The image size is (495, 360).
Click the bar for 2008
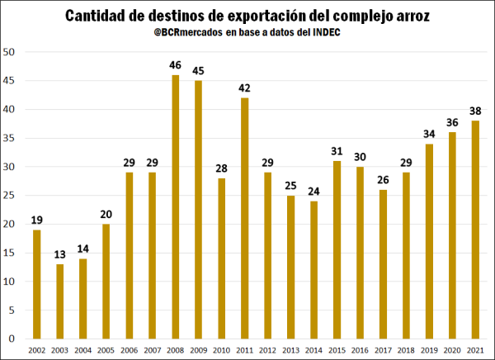coord(176,206)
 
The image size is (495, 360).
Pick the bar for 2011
coord(245,218)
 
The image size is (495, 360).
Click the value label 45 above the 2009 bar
coord(199,70)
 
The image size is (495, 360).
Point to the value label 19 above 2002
coord(37,220)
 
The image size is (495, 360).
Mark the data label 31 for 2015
coord(337,151)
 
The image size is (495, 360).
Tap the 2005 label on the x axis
coord(106,350)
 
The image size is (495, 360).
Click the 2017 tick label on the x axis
coord(383,350)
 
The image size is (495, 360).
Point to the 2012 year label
coord(268,350)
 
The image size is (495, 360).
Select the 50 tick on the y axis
coord(10,52)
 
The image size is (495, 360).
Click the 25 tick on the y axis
coord(10,195)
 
